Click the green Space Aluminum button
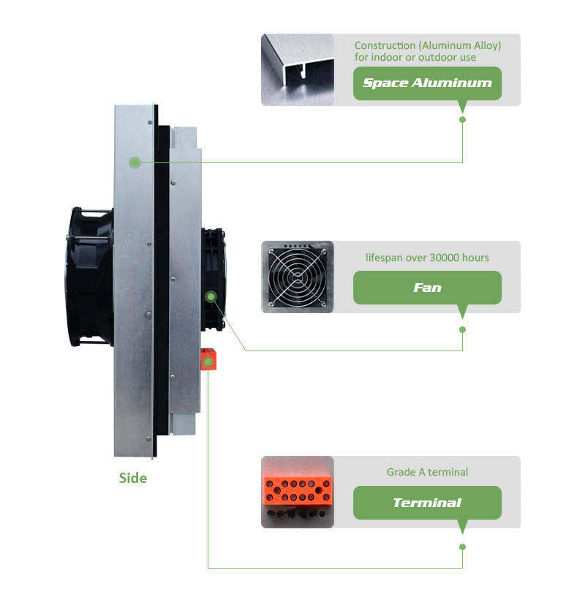[x=427, y=83]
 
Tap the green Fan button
[x=427, y=288]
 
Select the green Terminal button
[x=427, y=503]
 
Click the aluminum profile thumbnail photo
[x=298, y=70]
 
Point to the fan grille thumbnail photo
[x=298, y=277]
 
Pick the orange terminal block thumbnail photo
[x=298, y=492]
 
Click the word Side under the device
[x=133, y=478]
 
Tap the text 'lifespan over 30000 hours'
[x=427, y=258]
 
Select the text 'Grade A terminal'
[x=427, y=472]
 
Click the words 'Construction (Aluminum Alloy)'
[x=428, y=45]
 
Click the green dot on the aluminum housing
[x=135, y=162]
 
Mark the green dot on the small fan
[x=211, y=296]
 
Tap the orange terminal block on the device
[x=209, y=359]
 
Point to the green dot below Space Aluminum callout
[x=462, y=119]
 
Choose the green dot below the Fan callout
[x=462, y=329]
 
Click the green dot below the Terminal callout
[x=462, y=547]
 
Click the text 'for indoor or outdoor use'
[x=415, y=57]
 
